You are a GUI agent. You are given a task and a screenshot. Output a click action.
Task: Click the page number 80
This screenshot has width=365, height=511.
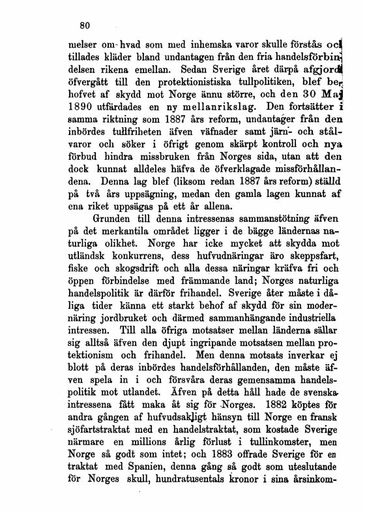[x=83, y=27]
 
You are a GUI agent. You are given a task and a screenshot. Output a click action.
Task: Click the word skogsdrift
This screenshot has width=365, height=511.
[x=135, y=268]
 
